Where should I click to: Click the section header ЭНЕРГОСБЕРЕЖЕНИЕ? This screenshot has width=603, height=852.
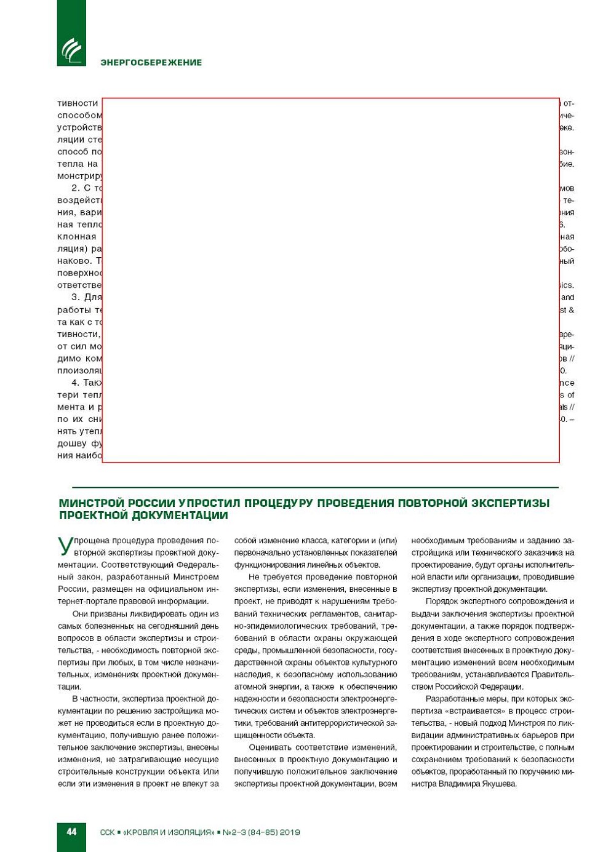[151, 62]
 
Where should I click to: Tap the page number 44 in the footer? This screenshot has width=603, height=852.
[71, 832]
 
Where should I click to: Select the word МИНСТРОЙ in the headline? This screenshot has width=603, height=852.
[91, 503]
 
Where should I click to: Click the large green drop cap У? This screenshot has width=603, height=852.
[65, 546]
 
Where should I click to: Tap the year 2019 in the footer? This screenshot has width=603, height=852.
[290, 832]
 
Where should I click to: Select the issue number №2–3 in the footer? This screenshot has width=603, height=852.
[234, 832]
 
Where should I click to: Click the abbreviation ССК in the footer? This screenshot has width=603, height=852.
[107, 832]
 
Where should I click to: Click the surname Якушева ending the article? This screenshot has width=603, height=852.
[498, 784]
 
